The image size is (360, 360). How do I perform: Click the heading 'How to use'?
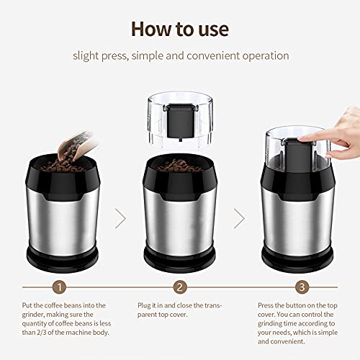coord(179,29)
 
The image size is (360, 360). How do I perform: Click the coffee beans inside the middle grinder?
coord(180,166)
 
